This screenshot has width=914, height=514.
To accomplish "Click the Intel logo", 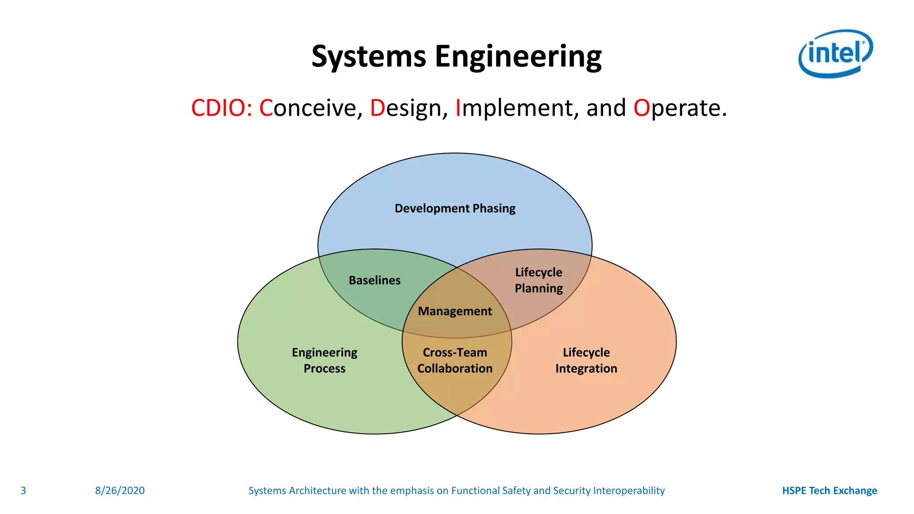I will point(835,54).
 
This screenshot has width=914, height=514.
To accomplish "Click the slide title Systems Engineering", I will point(456,57).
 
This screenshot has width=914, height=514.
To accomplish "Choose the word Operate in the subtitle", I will point(680,108).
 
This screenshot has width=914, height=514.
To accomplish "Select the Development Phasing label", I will point(455,208).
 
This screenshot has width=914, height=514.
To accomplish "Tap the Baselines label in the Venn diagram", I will point(374,280).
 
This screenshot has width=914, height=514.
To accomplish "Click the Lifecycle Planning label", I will point(539,280).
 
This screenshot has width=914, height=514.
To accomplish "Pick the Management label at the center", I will point(455,311).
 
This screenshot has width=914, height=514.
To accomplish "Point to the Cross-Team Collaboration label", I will point(455,361).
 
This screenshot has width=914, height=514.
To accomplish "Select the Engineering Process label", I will point(324,361).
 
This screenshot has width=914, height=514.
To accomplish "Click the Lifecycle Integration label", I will point(586,361).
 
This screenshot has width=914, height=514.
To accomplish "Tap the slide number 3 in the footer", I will point(24,491).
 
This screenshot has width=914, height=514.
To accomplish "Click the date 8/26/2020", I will point(120,491).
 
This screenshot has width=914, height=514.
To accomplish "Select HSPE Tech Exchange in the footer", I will point(829,491).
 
